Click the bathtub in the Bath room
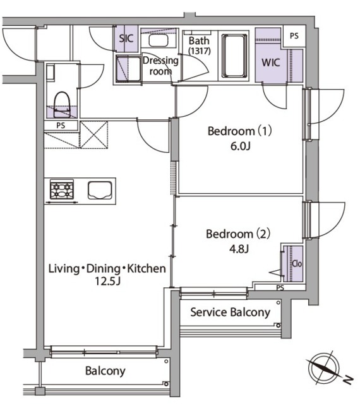tap(234, 56)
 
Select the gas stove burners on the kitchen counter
tap(62, 189)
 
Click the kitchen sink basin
tap(100, 190)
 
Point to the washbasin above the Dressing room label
tap(159, 40)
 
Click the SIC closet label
tap(126, 39)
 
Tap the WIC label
tap(270, 62)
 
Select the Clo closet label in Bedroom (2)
tap(297, 264)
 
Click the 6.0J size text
tap(241, 146)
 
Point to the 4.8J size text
tap(239, 249)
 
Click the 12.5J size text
tap(108, 281)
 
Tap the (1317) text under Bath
tap(199, 50)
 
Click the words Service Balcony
tap(231, 312)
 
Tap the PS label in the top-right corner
tap(294, 36)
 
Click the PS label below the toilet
tap(61, 126)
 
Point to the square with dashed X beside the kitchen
tap(94, 134)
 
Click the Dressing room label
tap(160, 66)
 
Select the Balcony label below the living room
tap(105, 371)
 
